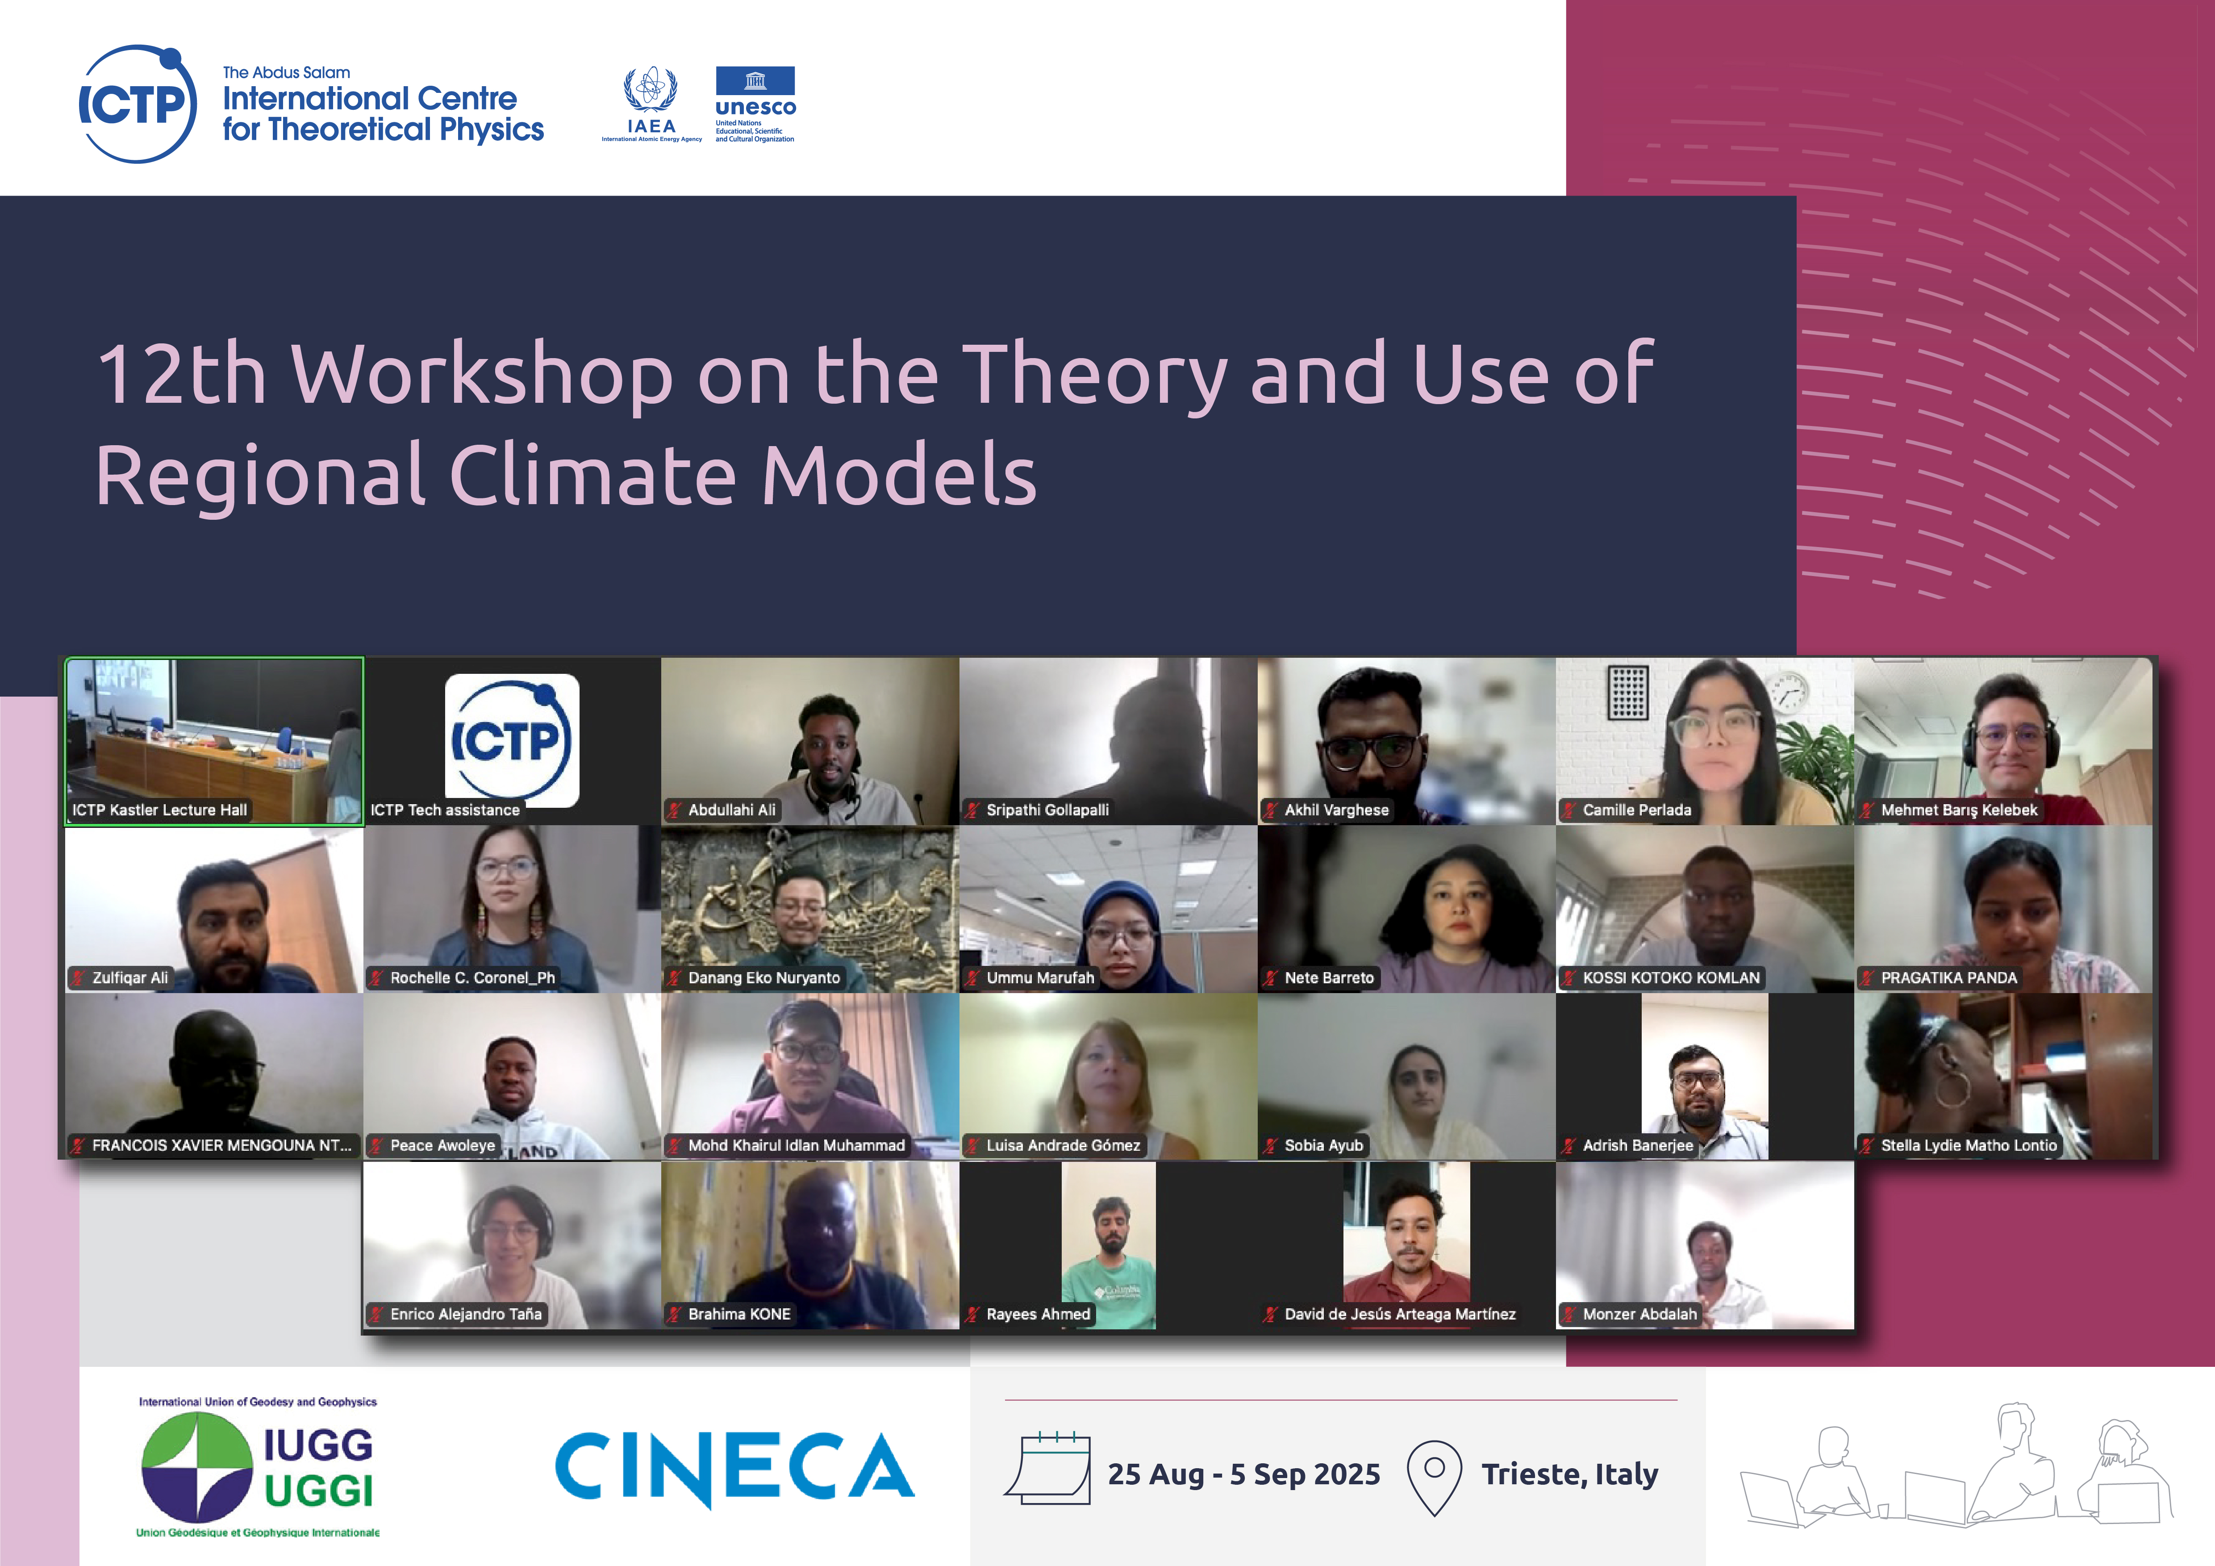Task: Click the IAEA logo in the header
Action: (651, 104)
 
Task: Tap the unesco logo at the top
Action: (755, 104)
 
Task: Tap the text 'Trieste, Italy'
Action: (1569, 1474)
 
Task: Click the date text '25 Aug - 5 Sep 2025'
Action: (1243, 1474)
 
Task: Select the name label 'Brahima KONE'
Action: (739, 1314)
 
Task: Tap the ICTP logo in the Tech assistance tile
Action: (511, 740)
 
